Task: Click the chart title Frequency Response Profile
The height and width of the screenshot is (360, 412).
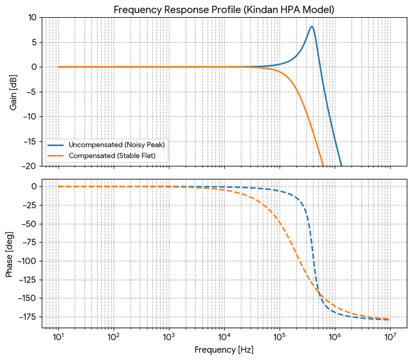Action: pos(177,10)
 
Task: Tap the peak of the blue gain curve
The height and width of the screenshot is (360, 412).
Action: pos(312,26)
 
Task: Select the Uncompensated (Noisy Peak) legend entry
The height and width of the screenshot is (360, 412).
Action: pos(117,145)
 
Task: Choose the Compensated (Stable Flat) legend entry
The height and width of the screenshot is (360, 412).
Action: pos(112,156)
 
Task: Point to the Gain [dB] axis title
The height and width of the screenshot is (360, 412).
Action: pos(13,93)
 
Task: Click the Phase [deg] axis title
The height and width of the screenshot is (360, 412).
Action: pos(9,254)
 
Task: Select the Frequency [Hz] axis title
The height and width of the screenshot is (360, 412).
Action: pos(224,350)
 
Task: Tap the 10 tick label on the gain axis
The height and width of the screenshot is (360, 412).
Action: pos(33,18)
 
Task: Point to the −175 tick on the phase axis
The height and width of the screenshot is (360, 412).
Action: pos(28,317)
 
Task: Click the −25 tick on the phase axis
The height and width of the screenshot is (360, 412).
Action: pos(30,205)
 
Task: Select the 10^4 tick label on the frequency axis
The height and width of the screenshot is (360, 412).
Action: pos(224,337)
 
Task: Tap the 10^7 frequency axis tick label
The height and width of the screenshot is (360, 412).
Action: pos(390,337)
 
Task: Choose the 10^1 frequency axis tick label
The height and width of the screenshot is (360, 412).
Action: pos(58,337)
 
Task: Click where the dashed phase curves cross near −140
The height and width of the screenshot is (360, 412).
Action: pos(319,290)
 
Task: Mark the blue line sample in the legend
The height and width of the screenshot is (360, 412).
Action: pos(56,145)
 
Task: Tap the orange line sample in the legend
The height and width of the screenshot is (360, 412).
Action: pos(56,156)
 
